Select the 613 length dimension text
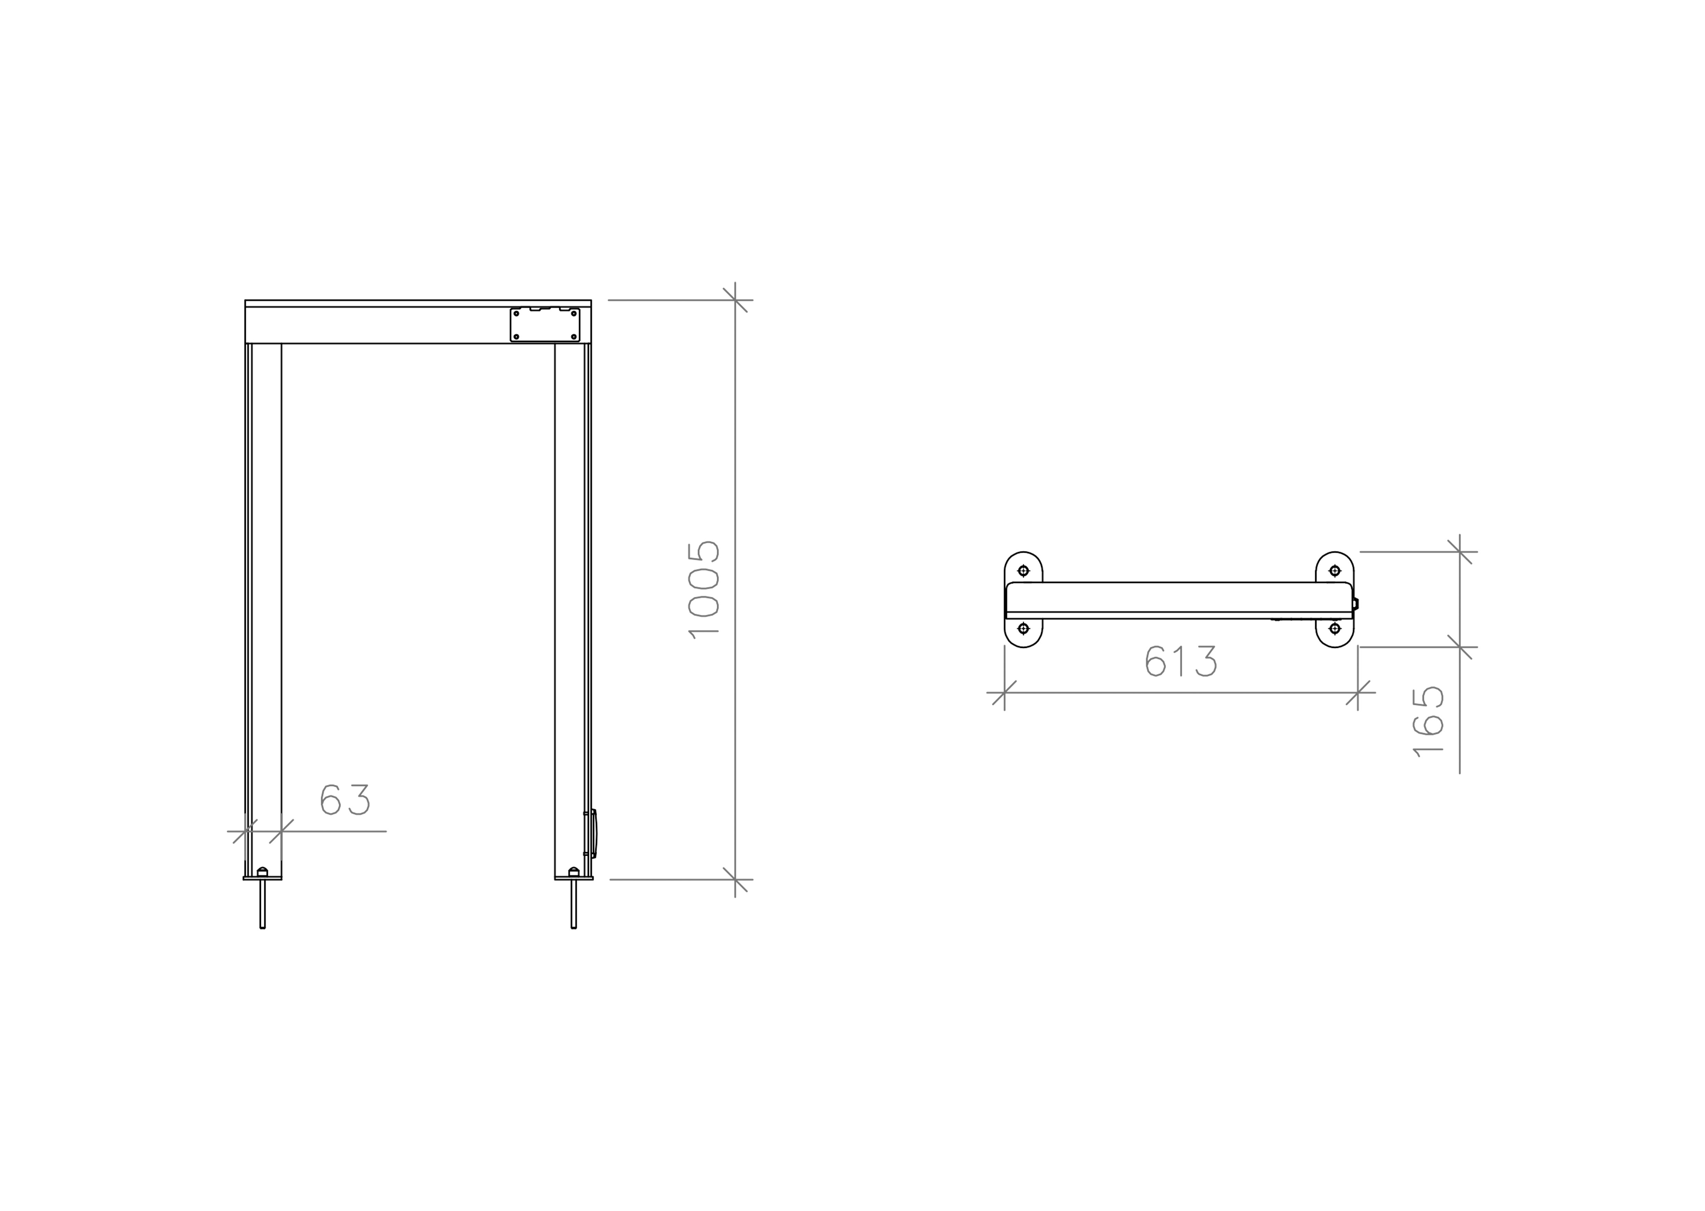pos(1182,661)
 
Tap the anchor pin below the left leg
pos(262,904)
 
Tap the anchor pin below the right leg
pos(574,904)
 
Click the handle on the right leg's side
pos(594,834)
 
